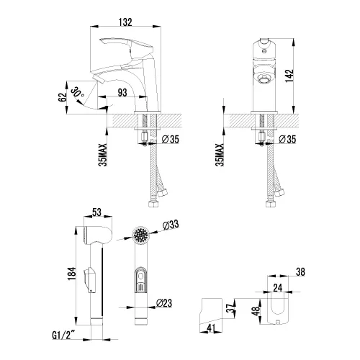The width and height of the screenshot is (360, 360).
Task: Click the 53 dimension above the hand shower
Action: coord(96,213)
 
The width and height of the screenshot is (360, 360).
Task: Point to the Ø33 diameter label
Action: coord(171,226)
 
